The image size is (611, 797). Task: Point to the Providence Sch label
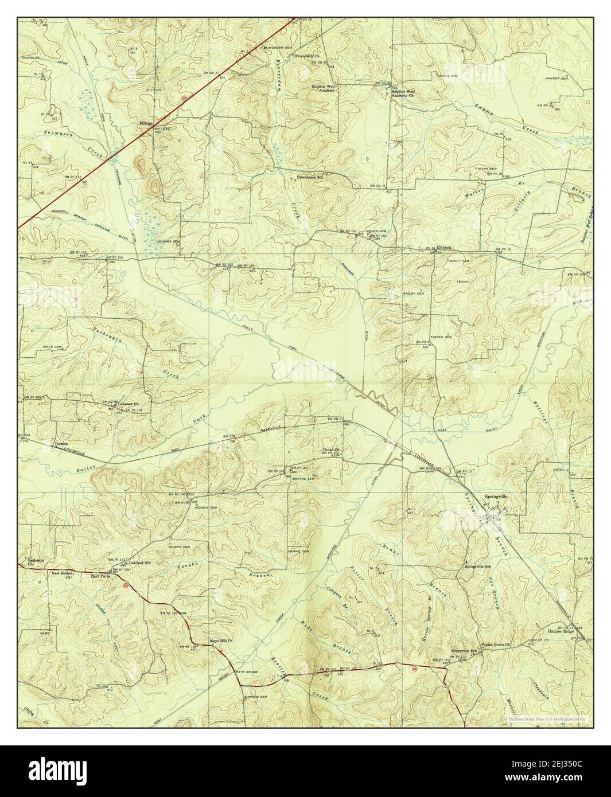[x=310, y=178]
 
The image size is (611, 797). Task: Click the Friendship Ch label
[x=307, y=56]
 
